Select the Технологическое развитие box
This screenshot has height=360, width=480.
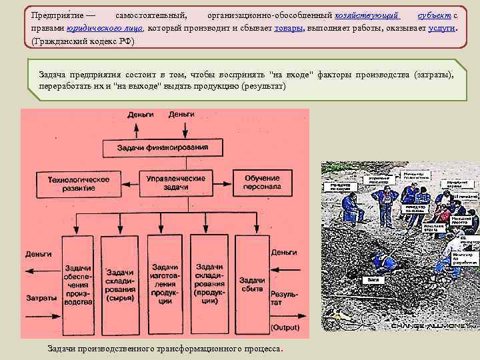click(78, 183)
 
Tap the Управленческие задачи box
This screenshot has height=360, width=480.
click(175, 183)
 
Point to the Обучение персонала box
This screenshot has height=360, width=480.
click(262, 183)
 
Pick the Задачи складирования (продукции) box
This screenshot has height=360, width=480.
click(209, 283)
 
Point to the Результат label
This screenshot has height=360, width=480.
click(284, 298)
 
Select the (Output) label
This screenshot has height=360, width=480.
click(285, 327)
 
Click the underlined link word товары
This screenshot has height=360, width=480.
click(289, 29)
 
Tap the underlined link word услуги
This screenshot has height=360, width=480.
click(442, 29)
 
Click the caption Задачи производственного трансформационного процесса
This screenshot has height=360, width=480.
click(165, 349)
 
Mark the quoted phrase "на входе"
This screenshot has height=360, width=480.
click(291, 75)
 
